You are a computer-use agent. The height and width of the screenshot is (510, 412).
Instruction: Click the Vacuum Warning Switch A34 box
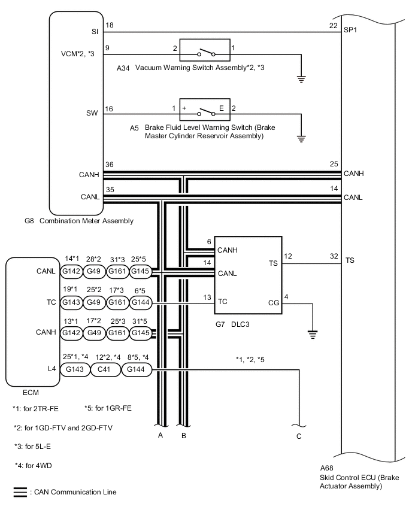coord(205,50)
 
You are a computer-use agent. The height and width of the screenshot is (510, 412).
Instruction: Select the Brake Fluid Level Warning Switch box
coord(205,110)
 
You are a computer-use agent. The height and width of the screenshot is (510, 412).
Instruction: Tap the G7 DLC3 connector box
coord(248,275)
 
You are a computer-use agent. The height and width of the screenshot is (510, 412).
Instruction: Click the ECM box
coord(33,322)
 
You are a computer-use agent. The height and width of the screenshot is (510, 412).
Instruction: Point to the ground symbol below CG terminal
coord(313,335)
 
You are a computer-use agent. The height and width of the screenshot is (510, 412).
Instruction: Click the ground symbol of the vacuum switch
coord(301,79)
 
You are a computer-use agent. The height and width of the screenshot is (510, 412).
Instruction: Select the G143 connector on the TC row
coord(71,302)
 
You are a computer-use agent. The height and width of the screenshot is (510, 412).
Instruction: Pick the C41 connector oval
coord(104,369)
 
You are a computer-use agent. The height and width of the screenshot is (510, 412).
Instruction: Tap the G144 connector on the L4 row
coord(136,369)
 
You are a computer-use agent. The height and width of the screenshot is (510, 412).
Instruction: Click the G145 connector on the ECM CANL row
coord(140,271)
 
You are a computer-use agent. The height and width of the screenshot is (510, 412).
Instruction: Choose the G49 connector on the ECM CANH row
coord(94,333)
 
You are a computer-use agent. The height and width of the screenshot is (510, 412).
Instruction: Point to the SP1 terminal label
coord(350,30)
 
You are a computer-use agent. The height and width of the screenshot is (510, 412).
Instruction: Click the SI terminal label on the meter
coord(95,32)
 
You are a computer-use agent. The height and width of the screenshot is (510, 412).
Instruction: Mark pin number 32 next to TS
coord(334,256)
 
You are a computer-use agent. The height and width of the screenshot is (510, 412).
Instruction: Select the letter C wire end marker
coord(299,436)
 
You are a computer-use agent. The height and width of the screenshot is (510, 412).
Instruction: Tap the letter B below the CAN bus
coord(184,436)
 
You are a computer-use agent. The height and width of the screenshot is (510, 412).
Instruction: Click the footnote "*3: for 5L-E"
coord(32,447)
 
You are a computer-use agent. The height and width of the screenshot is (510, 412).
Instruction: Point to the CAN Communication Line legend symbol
coord(20,493)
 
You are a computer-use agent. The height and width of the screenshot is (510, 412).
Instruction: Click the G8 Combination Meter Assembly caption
coord(79,221)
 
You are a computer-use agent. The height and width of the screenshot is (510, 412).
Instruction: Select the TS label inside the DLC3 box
coord(273,263)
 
